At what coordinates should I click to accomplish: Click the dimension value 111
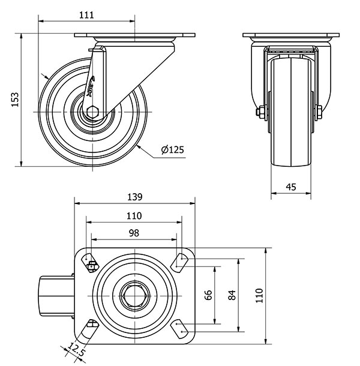[x=86, y=15]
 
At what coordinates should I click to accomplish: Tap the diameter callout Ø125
[x=172, y=150]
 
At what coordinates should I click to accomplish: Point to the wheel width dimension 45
[x=291, y=187]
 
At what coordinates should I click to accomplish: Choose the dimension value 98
[x=134, y=233]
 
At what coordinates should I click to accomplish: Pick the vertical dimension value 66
[x=209, y=295]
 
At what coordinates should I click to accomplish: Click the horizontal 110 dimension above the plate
[x=134, y=216]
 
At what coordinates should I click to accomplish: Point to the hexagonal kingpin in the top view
[x=134, y=295]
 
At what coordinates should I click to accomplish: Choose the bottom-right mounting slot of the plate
[x=179, y=328]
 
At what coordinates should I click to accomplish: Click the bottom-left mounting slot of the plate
[x=91, y=328]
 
